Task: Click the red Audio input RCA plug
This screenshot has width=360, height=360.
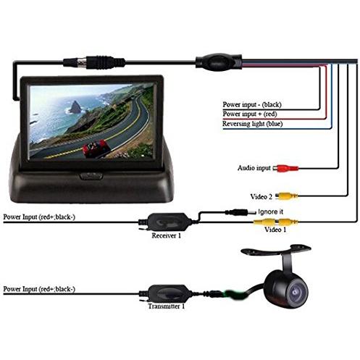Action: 285,168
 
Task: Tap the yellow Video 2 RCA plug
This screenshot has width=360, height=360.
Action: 287,196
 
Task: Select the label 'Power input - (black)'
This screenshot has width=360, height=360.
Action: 252,104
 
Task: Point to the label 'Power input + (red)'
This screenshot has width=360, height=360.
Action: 250,114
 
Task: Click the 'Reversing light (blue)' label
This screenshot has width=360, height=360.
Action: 252,124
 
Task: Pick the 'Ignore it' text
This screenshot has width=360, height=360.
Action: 270,212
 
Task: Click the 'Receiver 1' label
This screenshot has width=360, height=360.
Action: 167,235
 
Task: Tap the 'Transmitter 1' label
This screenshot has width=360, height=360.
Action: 167,306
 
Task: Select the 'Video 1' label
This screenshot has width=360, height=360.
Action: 275,230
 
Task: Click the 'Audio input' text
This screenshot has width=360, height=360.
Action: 254,168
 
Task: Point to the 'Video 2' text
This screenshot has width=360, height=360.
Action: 261,197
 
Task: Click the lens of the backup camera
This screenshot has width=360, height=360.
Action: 296,291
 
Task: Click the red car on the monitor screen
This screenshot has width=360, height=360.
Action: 96,148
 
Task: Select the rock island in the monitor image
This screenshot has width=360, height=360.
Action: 75,107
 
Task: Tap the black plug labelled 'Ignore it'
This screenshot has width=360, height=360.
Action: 240,212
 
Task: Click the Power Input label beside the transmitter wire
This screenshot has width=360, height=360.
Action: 39,289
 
